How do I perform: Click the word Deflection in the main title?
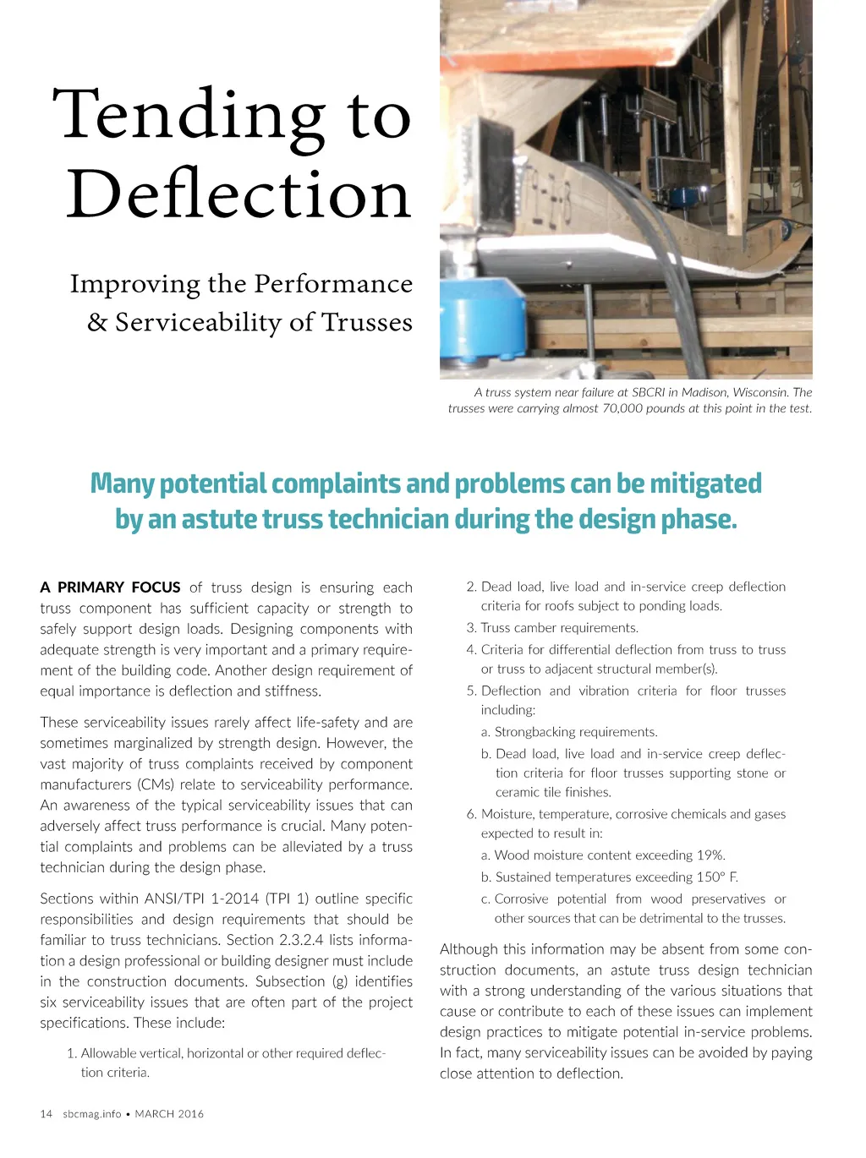point(238,194)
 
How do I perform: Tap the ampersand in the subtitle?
point(97,322)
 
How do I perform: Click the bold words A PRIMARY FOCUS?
point(110,587)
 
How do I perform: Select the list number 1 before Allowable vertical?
point(71,1053)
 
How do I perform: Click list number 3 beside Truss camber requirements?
point(470,628)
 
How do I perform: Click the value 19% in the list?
point(711,855)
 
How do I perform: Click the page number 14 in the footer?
point(46,1114)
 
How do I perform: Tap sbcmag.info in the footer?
point(91,1114)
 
